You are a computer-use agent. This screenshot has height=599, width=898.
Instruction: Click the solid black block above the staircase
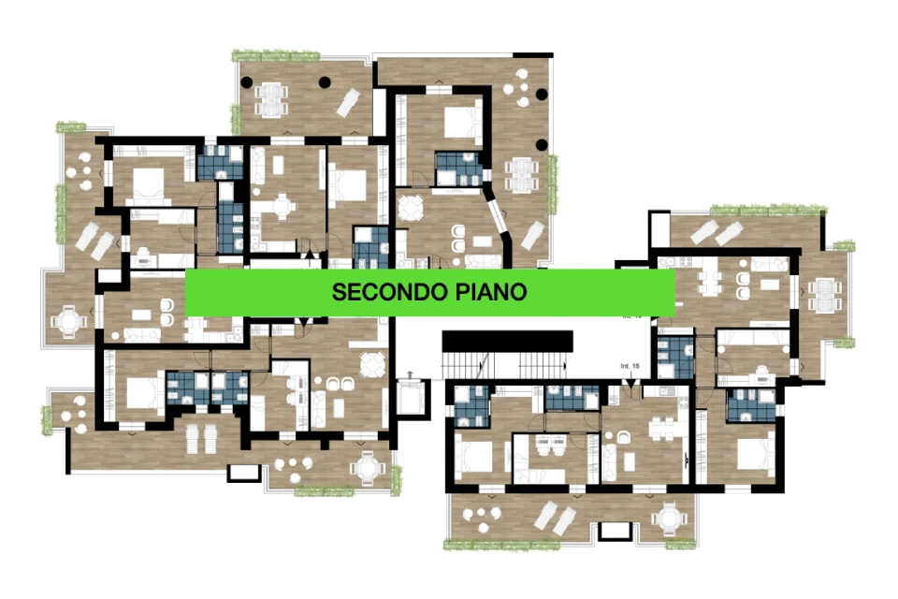click(x=507, y=340)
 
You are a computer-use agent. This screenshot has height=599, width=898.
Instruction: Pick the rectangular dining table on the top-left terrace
click(x=271, y=96)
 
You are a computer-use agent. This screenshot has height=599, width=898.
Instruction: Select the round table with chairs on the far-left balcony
click(x=67, y=321)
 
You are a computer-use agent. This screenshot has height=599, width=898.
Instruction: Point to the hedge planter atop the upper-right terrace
click(x=767, y=209)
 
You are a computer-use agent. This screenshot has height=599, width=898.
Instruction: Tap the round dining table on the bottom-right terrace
click(x=670, y=518)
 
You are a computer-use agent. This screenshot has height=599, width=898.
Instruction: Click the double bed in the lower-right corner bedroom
click(x=749, y=458)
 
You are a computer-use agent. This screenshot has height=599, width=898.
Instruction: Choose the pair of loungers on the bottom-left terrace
click(x=199, y=439)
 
